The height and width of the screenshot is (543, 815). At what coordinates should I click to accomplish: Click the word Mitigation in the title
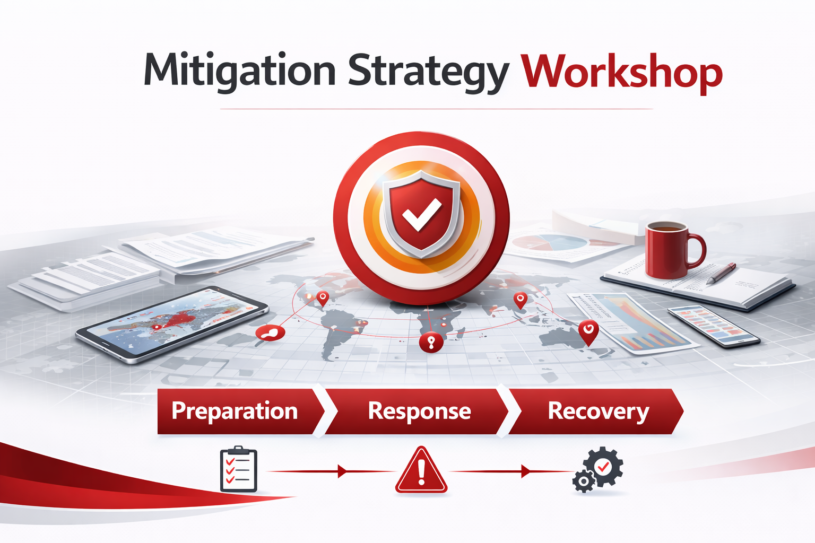tap(239, 71)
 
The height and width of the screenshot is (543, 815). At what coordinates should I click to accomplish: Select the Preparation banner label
tap(235, 411)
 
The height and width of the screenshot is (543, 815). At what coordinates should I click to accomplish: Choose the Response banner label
tap(419, 411)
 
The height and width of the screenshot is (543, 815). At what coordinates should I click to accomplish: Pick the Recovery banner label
tap(598, 411)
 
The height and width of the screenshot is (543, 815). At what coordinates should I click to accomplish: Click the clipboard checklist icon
tap(238, 470)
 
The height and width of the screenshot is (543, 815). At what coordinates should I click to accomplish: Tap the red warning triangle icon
tap(421, 471)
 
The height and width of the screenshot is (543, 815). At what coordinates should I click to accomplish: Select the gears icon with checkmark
tap(598, 470)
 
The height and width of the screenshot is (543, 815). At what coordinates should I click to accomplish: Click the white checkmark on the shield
tap(421, 214)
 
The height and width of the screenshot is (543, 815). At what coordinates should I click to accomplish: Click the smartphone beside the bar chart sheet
tap(713, 326)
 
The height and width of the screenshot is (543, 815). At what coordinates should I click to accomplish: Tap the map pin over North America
tap(322, 299)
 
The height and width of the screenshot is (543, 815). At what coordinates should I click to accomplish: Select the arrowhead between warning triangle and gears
tap(526, 471)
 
